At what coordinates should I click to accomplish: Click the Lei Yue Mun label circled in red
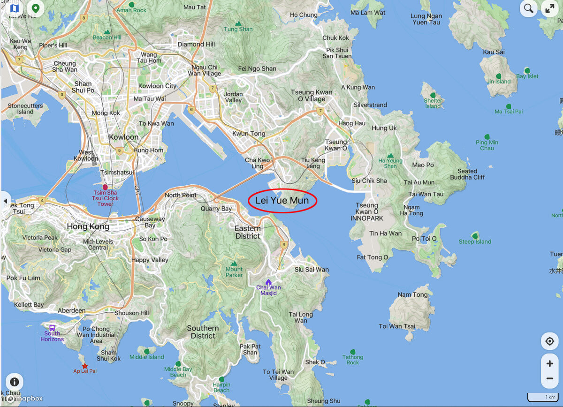(282, 201)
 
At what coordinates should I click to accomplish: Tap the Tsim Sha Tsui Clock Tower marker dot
(105, 187)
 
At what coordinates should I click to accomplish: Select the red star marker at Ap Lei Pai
(84, 365)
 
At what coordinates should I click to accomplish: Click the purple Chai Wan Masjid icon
(268, 282)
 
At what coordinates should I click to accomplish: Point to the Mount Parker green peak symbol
(234, 264)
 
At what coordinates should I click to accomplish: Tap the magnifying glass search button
(529, 8)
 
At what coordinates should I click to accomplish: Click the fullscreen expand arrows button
(549, 8)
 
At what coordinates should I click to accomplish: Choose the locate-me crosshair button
(549, 341)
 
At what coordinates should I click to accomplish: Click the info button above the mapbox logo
(15, 382)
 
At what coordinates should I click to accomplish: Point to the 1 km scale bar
(543, 397)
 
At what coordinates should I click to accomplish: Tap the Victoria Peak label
(40, 238)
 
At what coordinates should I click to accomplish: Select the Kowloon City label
(158, 86)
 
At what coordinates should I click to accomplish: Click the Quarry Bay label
(216, 209)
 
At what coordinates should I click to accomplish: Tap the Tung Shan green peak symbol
(238, 23)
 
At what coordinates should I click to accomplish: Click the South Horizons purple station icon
(52, 328)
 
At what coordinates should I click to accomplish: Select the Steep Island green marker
(475, 235)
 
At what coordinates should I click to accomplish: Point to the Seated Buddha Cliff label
(467, 174)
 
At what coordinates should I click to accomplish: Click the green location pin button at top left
(35, 8)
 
